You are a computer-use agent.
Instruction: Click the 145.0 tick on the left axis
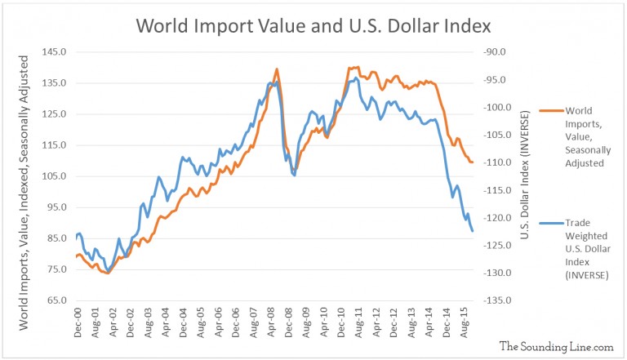[55, 52]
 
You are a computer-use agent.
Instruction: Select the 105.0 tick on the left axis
[55, 176]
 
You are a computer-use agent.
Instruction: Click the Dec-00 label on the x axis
[76, 323]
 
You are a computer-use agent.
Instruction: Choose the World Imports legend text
[591, 136]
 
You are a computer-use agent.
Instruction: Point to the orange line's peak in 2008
[277, 69]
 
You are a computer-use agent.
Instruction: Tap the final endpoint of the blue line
[473, 232]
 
